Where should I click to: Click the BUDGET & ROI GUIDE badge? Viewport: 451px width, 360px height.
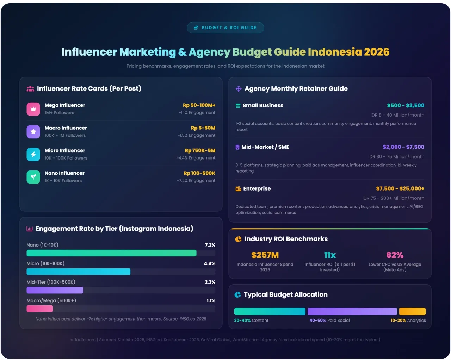coord(225,27)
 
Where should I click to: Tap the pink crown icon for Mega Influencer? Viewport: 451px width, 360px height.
coord(33,109)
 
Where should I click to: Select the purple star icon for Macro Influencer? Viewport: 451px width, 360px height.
coord(33,131)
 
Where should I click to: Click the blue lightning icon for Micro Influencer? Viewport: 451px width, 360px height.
coord(33,154)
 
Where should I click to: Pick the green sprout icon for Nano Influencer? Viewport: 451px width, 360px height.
coord(33,177)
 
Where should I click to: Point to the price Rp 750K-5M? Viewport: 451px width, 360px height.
coord(200,150)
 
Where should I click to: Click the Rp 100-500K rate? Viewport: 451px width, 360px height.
coord(199,173)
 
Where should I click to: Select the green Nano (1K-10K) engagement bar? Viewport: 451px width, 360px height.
coord(111,253)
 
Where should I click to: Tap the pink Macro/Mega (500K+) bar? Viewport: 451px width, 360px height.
coord(40,309)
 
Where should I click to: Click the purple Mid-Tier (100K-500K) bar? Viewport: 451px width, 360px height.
coord(55,290)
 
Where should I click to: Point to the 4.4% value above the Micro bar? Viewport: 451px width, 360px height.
coord(210,263)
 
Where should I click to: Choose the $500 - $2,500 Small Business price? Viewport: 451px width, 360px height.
coord(406,105)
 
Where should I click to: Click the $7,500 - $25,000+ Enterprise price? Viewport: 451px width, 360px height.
coord(400,188)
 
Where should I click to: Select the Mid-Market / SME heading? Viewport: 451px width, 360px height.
coord(265,147)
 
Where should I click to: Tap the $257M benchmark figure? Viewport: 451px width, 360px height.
coord(265,255)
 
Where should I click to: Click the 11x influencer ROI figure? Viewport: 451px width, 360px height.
coord(330,255)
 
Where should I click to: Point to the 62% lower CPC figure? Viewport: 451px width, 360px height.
coord(395,255)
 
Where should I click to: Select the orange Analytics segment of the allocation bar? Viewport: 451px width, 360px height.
coord(412,311)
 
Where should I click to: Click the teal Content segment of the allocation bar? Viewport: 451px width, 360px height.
coord(270,311)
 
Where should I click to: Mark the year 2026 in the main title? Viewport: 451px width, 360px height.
coord(377,52)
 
